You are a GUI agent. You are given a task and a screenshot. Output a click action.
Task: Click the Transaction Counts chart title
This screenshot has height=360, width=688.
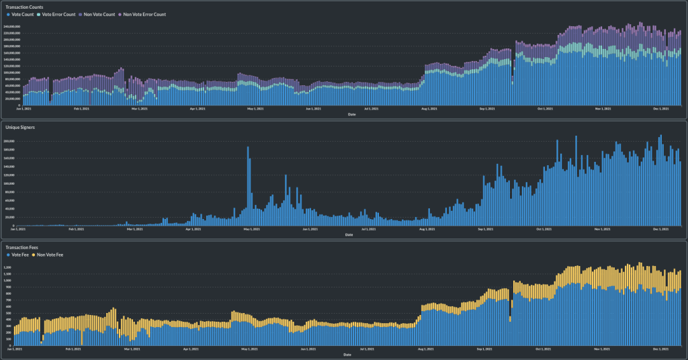point(24,7)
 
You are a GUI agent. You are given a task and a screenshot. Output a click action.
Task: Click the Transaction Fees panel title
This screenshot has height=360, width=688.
point(21,248)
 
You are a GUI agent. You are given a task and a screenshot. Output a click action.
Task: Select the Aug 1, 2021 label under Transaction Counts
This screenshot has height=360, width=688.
point(429,108)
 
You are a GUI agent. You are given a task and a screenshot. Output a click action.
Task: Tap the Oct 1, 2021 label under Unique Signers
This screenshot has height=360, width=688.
point(546,229)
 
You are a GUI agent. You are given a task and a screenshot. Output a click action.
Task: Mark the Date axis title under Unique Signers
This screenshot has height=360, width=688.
point(348,234)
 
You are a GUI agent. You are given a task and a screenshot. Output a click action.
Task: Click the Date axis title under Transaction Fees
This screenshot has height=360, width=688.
point(347,354)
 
